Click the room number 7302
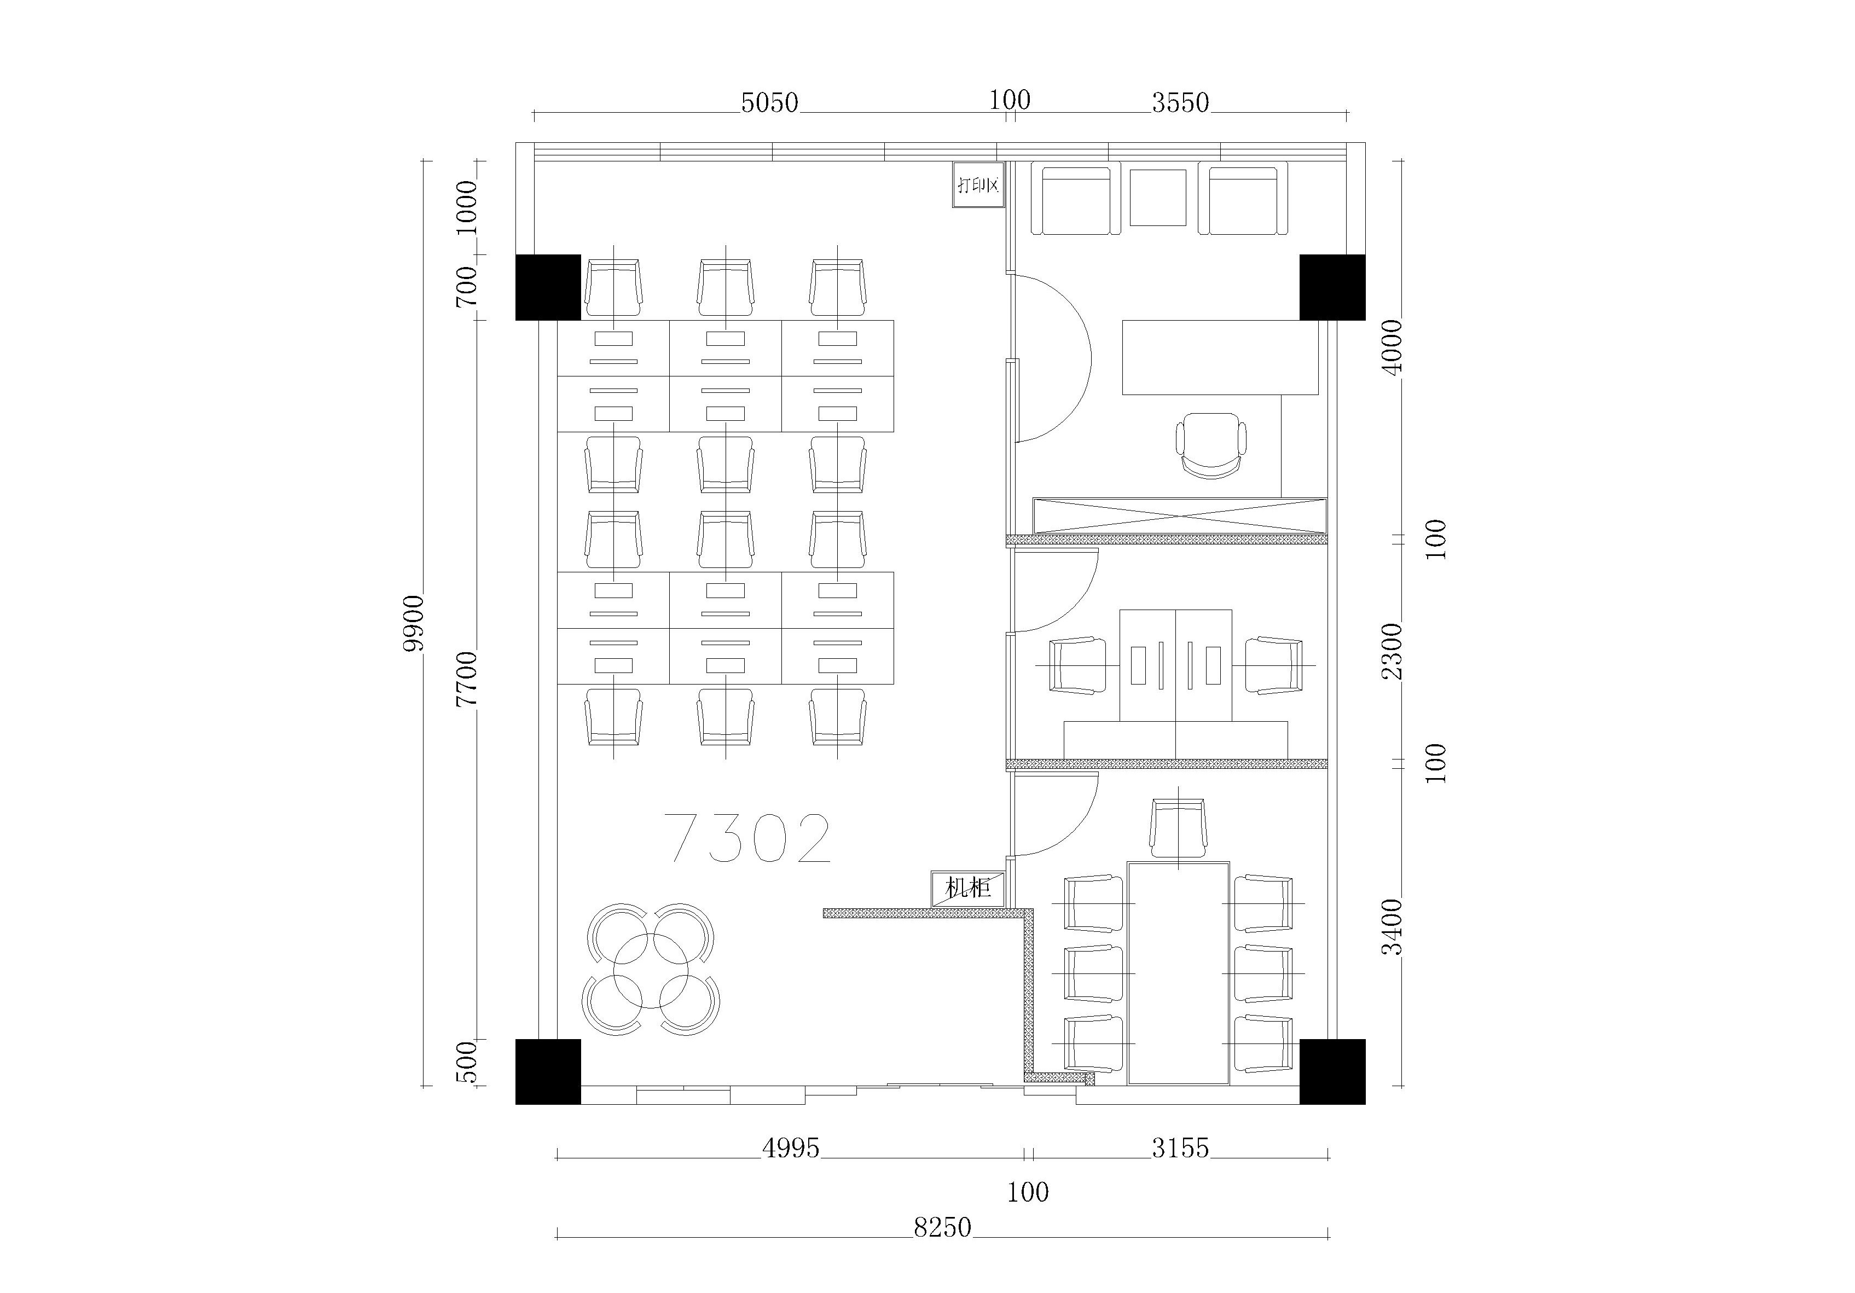click(747, 838)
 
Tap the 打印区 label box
click(978, 185)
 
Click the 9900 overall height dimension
click(414, 623)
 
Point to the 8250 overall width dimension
click(942, 1227)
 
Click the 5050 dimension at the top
click(769, 103)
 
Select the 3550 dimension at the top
click(1180, 103)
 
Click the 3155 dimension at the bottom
click(1180, 1147)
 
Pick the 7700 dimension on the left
click(467, 679)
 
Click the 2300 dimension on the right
click(1392, 651)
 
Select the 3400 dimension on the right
click(1392, 926)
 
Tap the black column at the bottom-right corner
click(1332, 1071)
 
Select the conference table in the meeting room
click(1179, 973)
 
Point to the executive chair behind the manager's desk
click(1210, 446)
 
